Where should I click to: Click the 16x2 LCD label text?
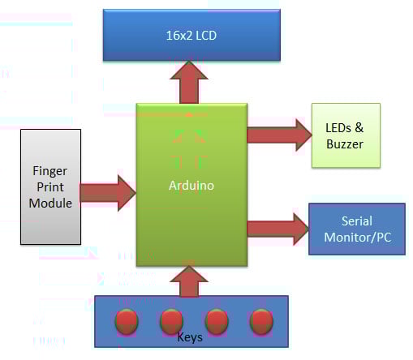pyautogui.click(x=191, y=35)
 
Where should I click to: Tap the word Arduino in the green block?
pyautogui.click(x=191, y=185)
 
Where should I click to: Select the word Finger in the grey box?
pyautogui.click(x=50, y=170)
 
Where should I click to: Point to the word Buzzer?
pyautogui.click(x=345, y=144)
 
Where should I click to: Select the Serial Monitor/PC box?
pyautogui.click(x=356, y=229)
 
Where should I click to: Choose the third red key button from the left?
pyautogui.click(x=215, y=320)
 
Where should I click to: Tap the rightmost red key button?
pyautogui.click(x=260, y=320)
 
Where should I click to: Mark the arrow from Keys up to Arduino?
pyautogui.click(x=191, y=280)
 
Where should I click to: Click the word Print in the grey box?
pyautogui.click(x=50, y=186)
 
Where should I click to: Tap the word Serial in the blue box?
pyautogui.click(x=357, y=221)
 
